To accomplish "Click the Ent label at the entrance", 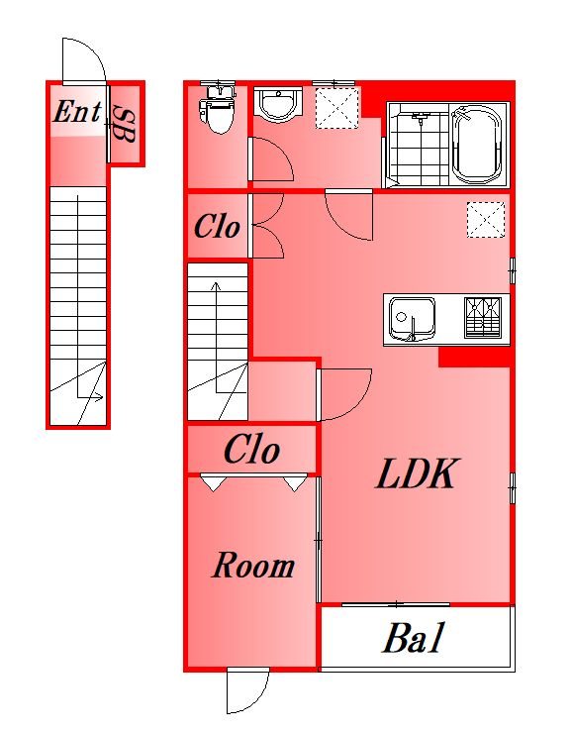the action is point(77,112).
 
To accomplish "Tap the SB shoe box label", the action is point(125,124).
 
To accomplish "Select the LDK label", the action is point(417,474).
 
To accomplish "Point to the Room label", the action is point(253,566).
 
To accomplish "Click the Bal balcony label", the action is point(414,637).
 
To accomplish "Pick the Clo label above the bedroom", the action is point(252,450).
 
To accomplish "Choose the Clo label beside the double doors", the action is point(217,227).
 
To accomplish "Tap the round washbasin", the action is point(279,105).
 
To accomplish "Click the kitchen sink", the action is point(411,319).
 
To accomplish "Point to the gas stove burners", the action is point(483,317).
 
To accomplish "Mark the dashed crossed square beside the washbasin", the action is point(337,108).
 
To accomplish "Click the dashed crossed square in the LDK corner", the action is point(486,219).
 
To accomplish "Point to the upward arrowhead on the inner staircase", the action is point(216,285).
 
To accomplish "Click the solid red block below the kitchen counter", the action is point(474,357).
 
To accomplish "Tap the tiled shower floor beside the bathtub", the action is point(419,145).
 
